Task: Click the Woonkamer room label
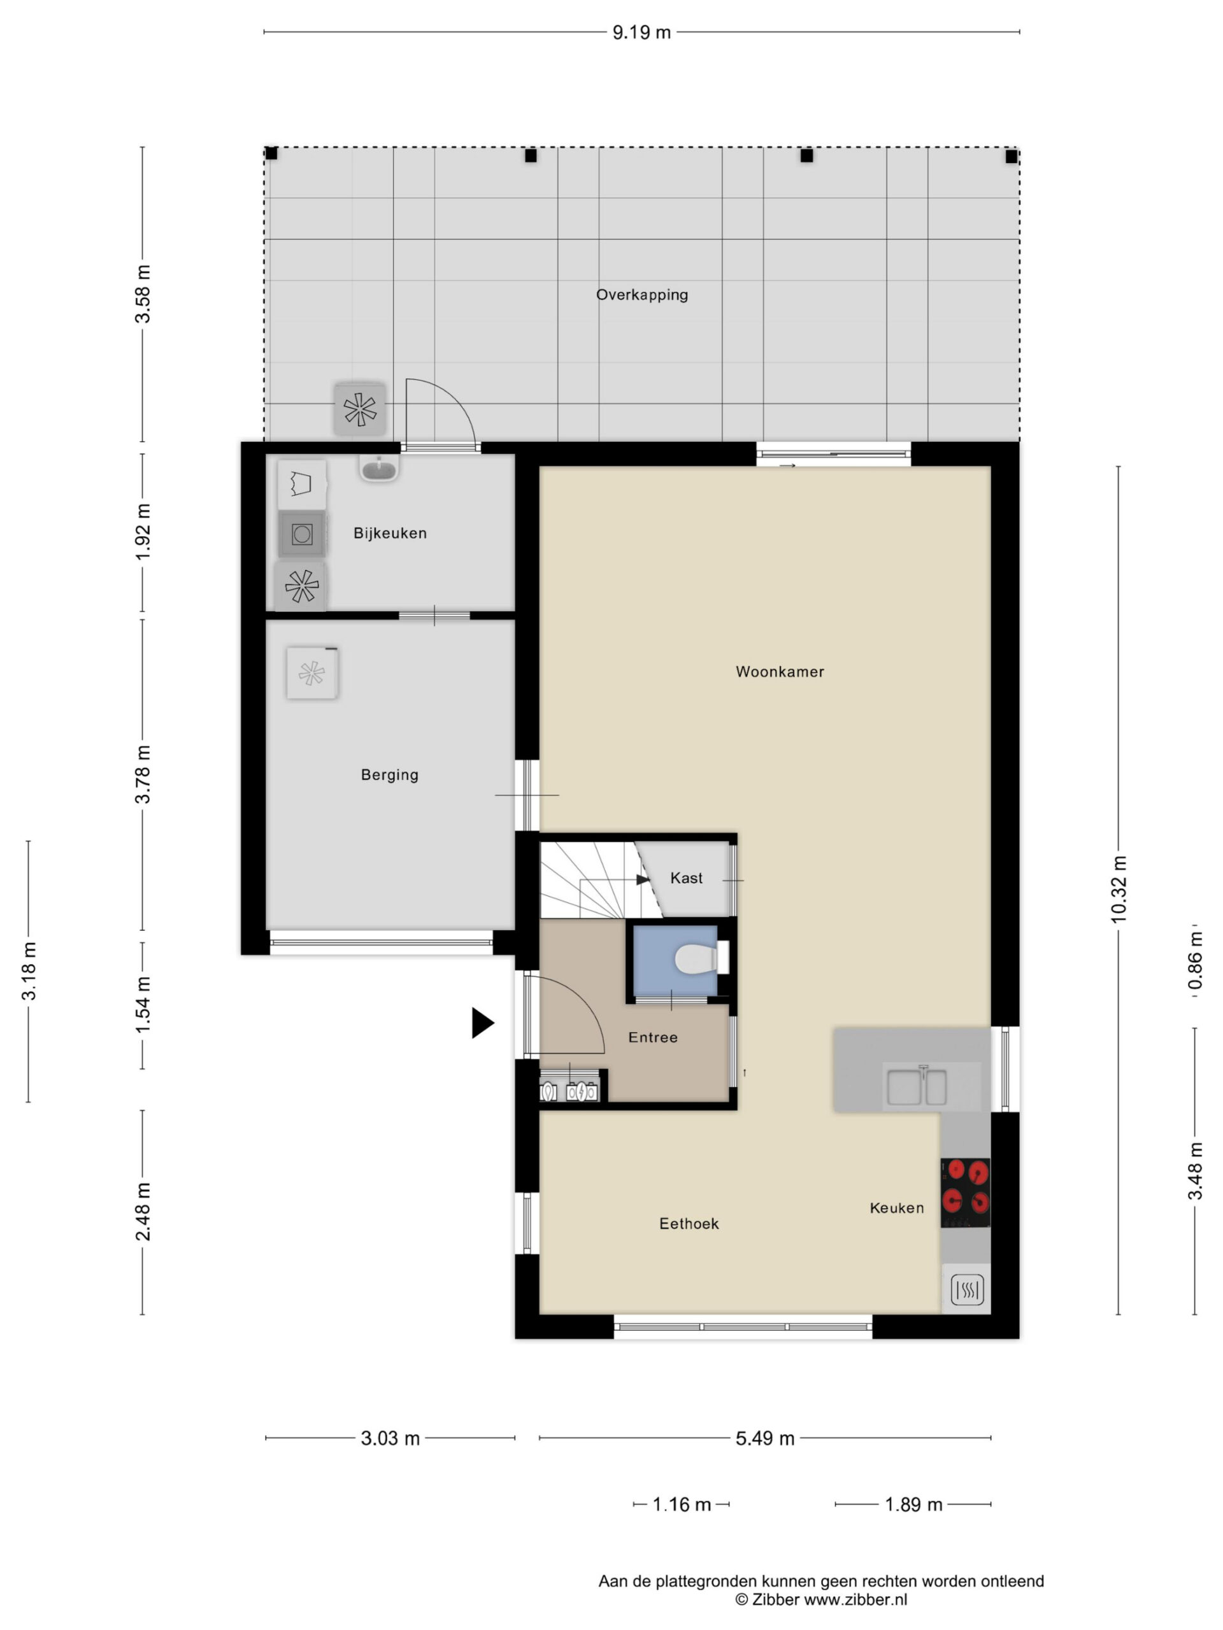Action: coord(779,671)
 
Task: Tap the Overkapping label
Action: coord(641,295)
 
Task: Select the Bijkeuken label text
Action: coord(390,533)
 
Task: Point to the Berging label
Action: coord(389,774)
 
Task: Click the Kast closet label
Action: coord(685,877)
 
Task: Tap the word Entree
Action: coord(652,1037)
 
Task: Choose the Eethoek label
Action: coord(689,1223)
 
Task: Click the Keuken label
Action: coord(896,1208)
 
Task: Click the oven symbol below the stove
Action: coord(966,1289)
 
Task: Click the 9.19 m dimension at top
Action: coord(641,32)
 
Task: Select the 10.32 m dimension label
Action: coord(1119,889)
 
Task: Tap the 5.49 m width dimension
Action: coord(764,1438)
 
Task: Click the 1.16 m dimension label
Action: coord(681,1504)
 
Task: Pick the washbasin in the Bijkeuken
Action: coord(379,468)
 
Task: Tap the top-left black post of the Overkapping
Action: coord(271,153)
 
